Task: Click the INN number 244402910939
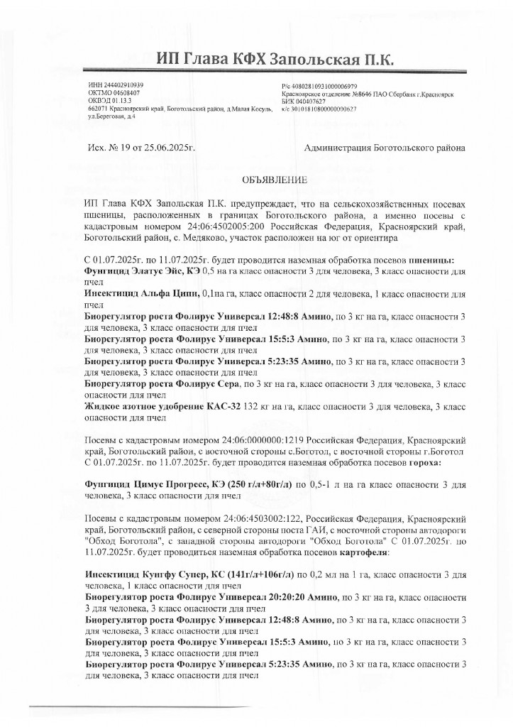tap(119, 85)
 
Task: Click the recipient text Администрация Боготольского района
tap(384, 148)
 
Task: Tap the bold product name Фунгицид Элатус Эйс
tap(133, 271)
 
